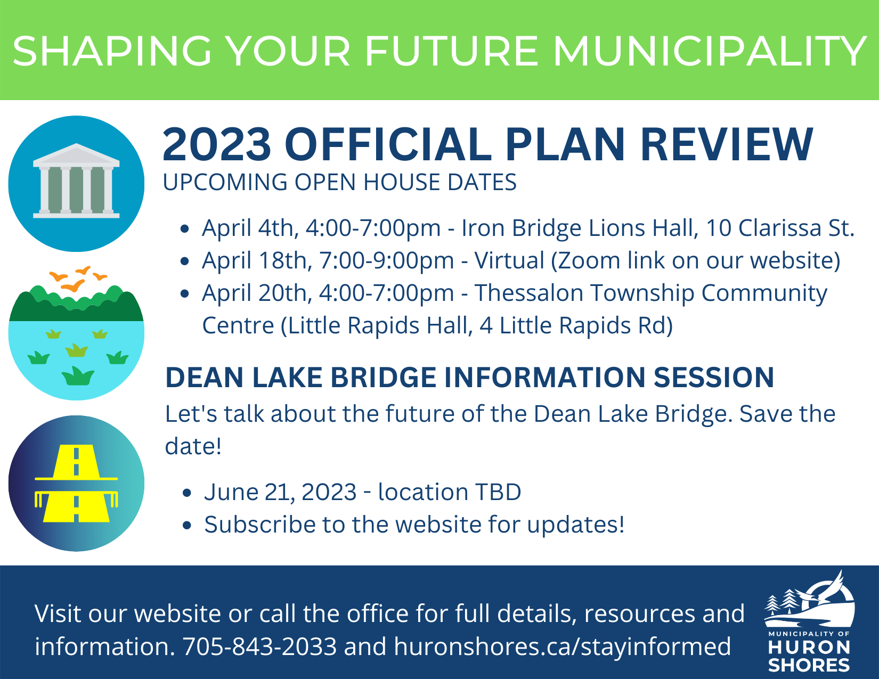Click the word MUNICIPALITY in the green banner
point(710,51)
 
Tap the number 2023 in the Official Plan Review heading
point(216,144)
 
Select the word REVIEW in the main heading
point(727,144)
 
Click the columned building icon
point(76,181)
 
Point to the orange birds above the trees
point(78,279)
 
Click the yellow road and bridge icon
point(76,483)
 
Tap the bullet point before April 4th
point(184,229)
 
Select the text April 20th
point(256,293)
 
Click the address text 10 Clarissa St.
point(780,228)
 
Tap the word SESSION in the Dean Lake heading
point(713,378)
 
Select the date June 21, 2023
point(280,492)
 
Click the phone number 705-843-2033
point(259,646)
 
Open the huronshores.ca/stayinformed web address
point(562,646)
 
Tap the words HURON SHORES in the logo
point(809,656)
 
